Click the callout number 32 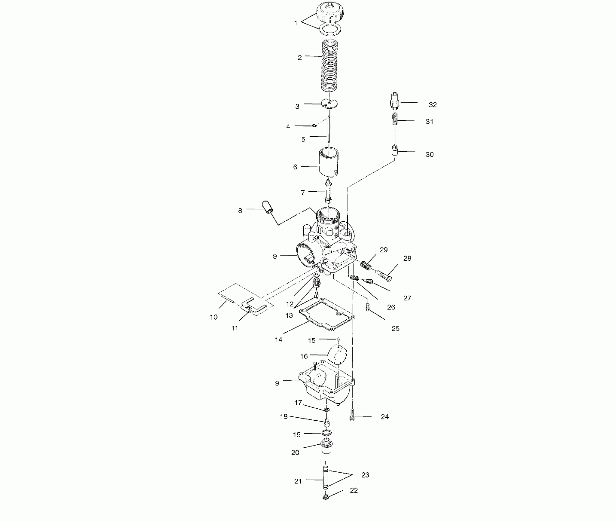click(433, 105)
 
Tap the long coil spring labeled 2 click(329, 66)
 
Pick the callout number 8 click(240, 211)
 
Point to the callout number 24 click(385, 417)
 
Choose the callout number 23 click(365, 475)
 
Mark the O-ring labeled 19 click(327, 433)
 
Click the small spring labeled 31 click(395, 119)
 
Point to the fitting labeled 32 click(395, 100)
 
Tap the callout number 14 click(279, 340)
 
